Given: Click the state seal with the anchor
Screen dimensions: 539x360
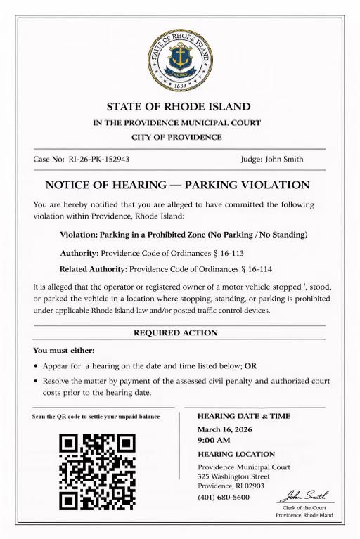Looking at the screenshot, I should click(179, 60).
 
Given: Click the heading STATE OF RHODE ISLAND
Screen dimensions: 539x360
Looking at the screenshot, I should click(179, 107).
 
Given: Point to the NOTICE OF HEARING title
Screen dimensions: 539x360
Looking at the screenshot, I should click(177, 186).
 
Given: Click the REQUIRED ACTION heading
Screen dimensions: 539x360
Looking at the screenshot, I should click(175, 332).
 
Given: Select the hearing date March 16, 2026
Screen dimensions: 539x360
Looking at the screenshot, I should click(225, 429).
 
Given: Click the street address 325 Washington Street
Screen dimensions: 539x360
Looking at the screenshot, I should click(233, 476).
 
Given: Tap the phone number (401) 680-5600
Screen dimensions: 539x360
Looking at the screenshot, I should click(224, 497).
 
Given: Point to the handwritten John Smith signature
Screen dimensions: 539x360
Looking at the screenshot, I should click(304, 495).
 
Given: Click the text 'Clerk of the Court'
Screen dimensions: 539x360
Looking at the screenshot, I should click(304, 507).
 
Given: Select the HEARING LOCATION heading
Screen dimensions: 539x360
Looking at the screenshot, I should click(236, 454).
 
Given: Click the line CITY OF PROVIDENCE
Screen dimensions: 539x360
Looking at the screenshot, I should click(176, 137).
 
